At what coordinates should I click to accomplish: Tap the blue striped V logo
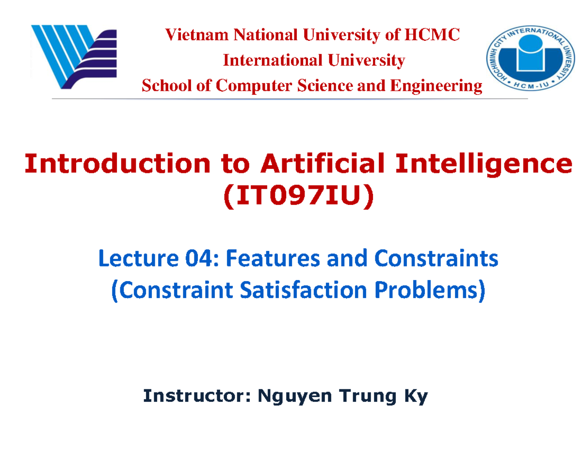click(73, 57)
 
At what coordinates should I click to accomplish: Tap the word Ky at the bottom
click(416, 397)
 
